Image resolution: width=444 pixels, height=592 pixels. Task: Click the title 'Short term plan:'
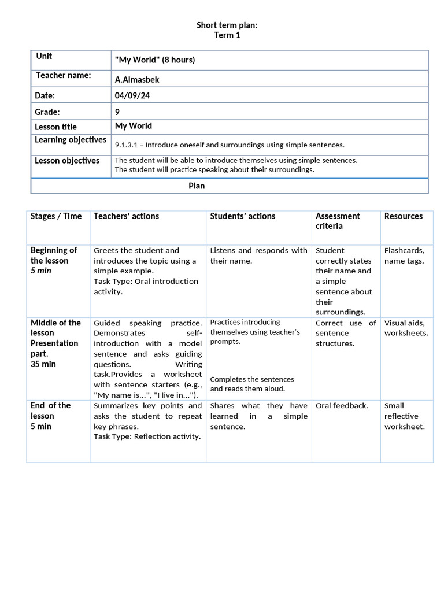coord(226,25)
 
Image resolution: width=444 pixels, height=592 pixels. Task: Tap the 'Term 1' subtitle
coord(227,35)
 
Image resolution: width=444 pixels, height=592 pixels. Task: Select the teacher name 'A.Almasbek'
coord(137,79)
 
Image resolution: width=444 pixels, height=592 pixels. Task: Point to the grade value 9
coord(117,112)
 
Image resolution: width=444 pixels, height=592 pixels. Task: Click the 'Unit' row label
coord(44,56)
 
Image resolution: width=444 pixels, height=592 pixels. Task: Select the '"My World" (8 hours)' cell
coord(155,60)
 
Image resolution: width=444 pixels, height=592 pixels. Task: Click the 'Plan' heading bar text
coord(197,186)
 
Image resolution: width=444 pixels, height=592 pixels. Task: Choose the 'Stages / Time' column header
coord(56,216)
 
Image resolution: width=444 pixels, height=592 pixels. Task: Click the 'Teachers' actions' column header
coord(126,216)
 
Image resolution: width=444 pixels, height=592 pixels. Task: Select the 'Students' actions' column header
coord(243,216)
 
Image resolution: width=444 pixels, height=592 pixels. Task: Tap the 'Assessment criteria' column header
coord(338,221)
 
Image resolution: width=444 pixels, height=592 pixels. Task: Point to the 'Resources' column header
coord(404,216)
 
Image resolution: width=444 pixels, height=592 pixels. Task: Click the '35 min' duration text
coord(43,364)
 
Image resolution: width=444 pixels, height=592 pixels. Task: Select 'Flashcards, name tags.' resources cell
coord(404,256)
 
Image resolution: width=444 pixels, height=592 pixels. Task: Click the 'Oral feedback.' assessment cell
coord(342,406)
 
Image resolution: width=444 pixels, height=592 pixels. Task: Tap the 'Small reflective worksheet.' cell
coord(405,416)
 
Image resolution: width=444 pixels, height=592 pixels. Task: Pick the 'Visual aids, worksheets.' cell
coord(406,328)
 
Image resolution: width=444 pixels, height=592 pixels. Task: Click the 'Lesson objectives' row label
coord(67,161)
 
